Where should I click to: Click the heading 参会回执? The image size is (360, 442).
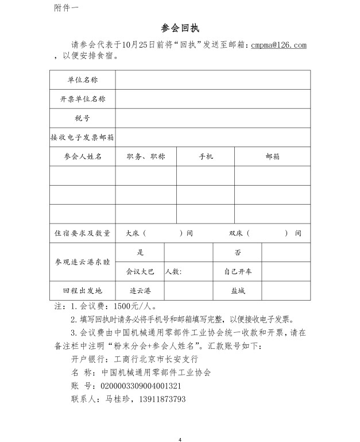[x=180, y=28]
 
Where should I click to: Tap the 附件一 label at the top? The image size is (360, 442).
[x=67, y=7]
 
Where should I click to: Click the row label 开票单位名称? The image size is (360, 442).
[x=83, y=99]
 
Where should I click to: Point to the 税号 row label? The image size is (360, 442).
[x=83, y=118]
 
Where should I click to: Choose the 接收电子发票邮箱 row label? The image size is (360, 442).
[x=83, y=137]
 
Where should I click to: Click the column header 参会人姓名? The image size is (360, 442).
[x=83, y=156]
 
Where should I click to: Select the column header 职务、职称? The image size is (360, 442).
[x=146, y=156]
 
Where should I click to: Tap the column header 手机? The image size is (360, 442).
[x=206, y=156]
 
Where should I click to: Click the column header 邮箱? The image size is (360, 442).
[x=272, y=156]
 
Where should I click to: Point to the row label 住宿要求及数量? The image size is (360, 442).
[x=83, y=233]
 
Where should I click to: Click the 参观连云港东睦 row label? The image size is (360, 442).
[x=83, y=262]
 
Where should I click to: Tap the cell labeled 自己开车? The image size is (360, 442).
[x=238, y=271]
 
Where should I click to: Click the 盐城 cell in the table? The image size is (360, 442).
[x=238, y=291]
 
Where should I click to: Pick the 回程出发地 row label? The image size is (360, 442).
[x=83, y=291]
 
